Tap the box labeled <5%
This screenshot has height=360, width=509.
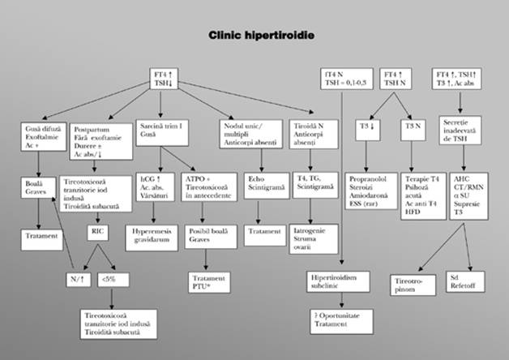pos(108,278)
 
